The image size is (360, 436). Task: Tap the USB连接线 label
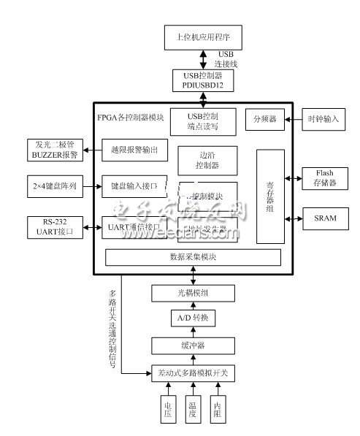pyautogui.click(x=229, y=59)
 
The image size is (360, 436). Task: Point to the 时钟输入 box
pyautogui.click(x=323, y=118)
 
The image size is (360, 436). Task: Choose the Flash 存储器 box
pyautogui.click(x=323, y=178)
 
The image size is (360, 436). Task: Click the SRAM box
pyautogui.click(x=323, y=217)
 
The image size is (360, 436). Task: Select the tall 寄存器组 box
pyautogui.click(x=269, y=196)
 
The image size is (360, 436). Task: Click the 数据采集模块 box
pyautogui.click(x=194, y=258)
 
